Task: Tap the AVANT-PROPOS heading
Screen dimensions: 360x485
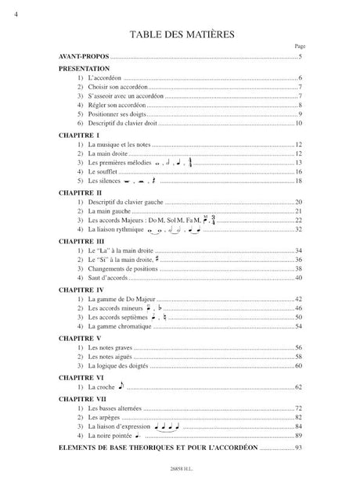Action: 84,59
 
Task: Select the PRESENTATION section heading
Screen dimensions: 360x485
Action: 85,70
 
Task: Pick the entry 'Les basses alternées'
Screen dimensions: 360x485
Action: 116,408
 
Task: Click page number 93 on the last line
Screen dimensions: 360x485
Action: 297,448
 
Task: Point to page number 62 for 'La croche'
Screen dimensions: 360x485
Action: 298,387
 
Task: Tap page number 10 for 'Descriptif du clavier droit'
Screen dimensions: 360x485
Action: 298,124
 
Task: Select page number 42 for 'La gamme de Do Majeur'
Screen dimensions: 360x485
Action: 298,300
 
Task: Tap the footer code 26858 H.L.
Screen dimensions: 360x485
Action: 179,470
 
